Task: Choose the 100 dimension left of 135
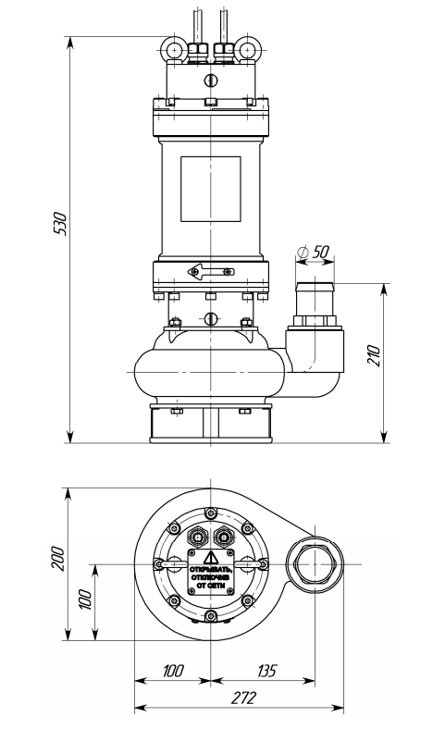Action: pyautogui.click(x=173, y=670)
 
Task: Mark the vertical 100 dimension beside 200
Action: pyautogui.click(x=86, y=601)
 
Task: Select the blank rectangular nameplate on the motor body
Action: pyautogui.click(x=210, y=189)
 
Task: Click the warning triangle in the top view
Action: pyautogui.click(x=210, y=558)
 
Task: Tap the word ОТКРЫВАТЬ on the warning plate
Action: pyautogui.click(x=210, y=570)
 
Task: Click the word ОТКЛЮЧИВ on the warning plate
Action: pyautogui.click(x=210, y=579)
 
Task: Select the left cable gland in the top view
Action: pyautogui.click(x=196, y=537)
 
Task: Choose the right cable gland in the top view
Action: pyautogui.click(x=224, y=537)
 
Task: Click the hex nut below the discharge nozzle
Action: pyautogui.click(x=315, y=323)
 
